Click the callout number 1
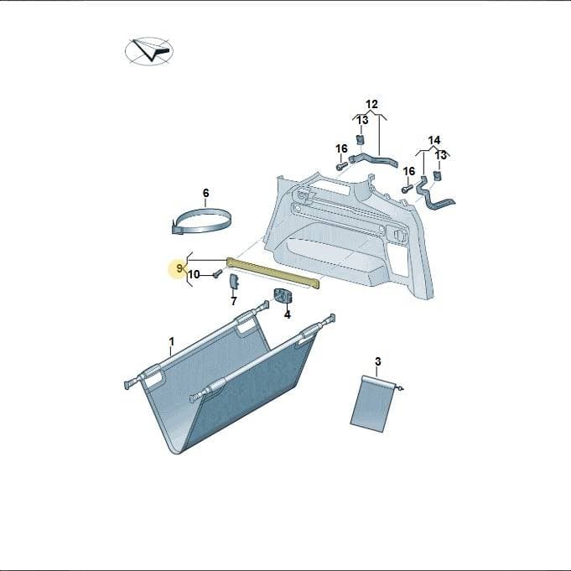click(172, 342)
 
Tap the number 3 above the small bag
click(377, 361)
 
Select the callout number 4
click(288, 314)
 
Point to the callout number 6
click(205, 193)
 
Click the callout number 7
click(233, 301)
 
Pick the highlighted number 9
click(179, 268)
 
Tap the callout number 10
click(194, 274)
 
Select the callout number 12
click(371, 105)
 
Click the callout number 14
click(433, 140)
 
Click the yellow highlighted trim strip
click(273, 272)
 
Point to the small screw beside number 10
click(217, 273)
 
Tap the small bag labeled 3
click(372, 404)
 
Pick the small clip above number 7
click(233, 282)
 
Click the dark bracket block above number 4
click(283, 296)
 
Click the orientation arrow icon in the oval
click(149, 51)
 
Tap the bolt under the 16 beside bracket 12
click(341, 166)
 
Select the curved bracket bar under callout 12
click(373, 161)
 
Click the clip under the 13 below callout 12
click(361, 139)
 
